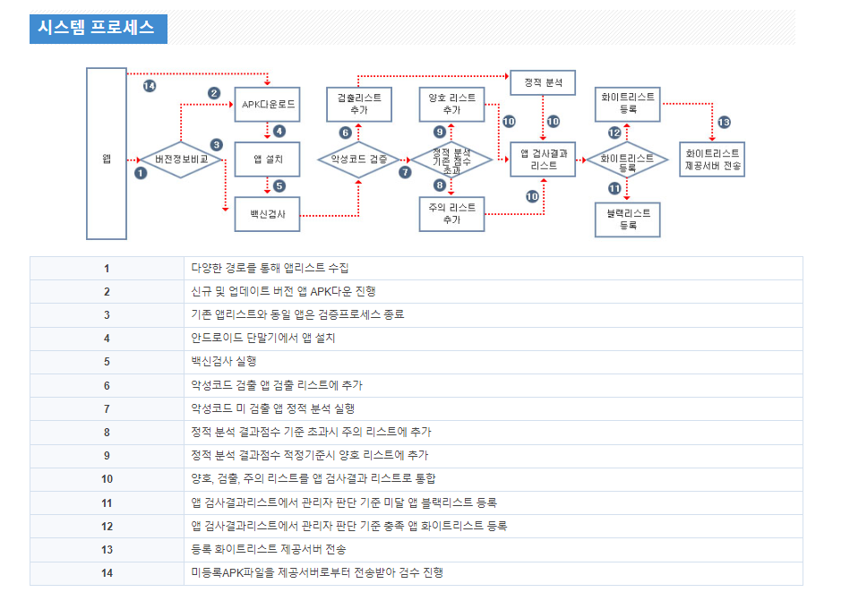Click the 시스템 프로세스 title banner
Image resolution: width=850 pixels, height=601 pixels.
tap(98, 28)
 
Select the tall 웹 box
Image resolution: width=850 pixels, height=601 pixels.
tap(107, 154)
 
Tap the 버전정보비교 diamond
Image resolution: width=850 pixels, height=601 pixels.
tap(182, 159)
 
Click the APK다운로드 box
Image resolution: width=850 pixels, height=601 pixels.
tap(268, 105)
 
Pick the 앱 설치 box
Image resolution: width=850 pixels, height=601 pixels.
tap(268, 159)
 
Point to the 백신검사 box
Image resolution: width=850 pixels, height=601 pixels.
tap(266, 214)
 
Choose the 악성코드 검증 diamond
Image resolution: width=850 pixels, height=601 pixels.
tap(358, 159)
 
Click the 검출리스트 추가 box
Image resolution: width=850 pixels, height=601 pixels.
tap(359, 104)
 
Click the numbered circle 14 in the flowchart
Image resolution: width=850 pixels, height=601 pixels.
tap(150, 85)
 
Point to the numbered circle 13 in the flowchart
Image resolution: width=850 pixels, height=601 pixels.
tap(724, 122)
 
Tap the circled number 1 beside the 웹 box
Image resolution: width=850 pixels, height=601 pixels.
tap(140, 173)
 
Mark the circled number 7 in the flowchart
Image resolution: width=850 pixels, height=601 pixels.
tap(404, 172)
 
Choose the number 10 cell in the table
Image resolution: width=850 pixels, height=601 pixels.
tap(107, 479)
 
